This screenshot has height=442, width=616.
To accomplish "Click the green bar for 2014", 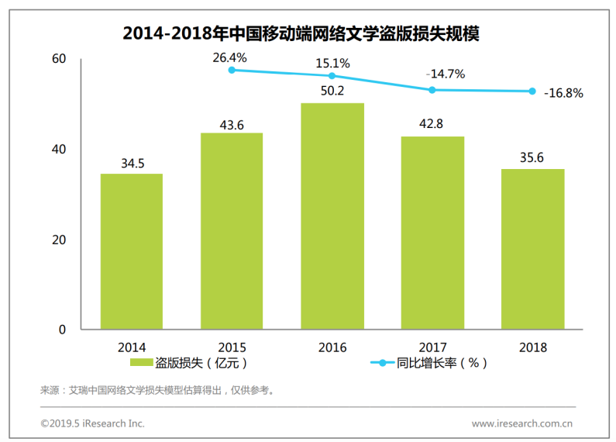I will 132,251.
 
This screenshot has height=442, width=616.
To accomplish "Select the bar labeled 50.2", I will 332,216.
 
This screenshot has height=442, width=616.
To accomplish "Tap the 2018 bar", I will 533,249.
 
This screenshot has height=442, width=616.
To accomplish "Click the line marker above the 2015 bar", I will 232,71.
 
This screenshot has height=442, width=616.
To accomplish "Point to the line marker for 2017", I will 432,90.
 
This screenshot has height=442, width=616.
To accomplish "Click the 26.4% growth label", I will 232,57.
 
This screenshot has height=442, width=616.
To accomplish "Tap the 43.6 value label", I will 232,124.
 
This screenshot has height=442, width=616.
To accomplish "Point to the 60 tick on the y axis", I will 59,59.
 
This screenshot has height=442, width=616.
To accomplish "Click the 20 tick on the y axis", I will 59,240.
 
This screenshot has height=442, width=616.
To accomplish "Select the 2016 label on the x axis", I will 332,347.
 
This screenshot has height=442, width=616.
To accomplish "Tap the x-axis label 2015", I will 232,347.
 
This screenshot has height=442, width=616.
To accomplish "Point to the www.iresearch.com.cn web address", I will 521,423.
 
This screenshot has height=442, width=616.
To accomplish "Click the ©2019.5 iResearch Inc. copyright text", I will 92,423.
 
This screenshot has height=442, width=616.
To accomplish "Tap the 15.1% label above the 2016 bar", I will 332,63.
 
